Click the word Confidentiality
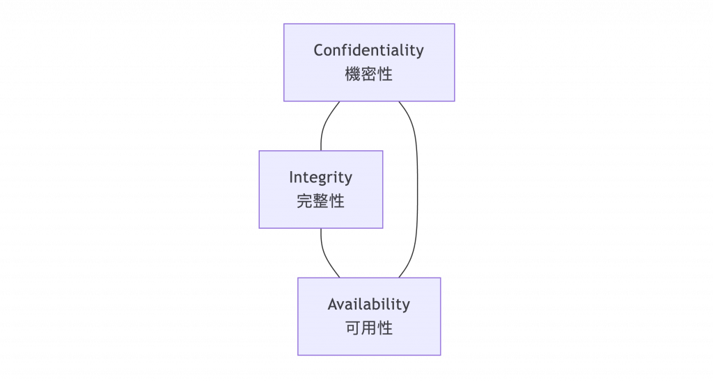(x=368, y=51)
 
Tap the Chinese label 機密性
(x=368, y=74)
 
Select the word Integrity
(x=320, y=177)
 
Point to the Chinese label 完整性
(x=320, y=201)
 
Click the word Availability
(x=368, y=305)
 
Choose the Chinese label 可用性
(x=368, y=328)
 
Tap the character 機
(x=353, y=74)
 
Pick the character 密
(x=369, y=74)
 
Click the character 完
(x=305, y=201)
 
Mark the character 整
(x=320, y=201)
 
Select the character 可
(x=353, y=328)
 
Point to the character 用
(x=369, y=328)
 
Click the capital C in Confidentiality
(x=319, y=51)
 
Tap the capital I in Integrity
(x=292, y=177)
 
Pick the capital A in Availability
(x=333, y=305)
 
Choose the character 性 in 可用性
(x=385, y=328)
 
